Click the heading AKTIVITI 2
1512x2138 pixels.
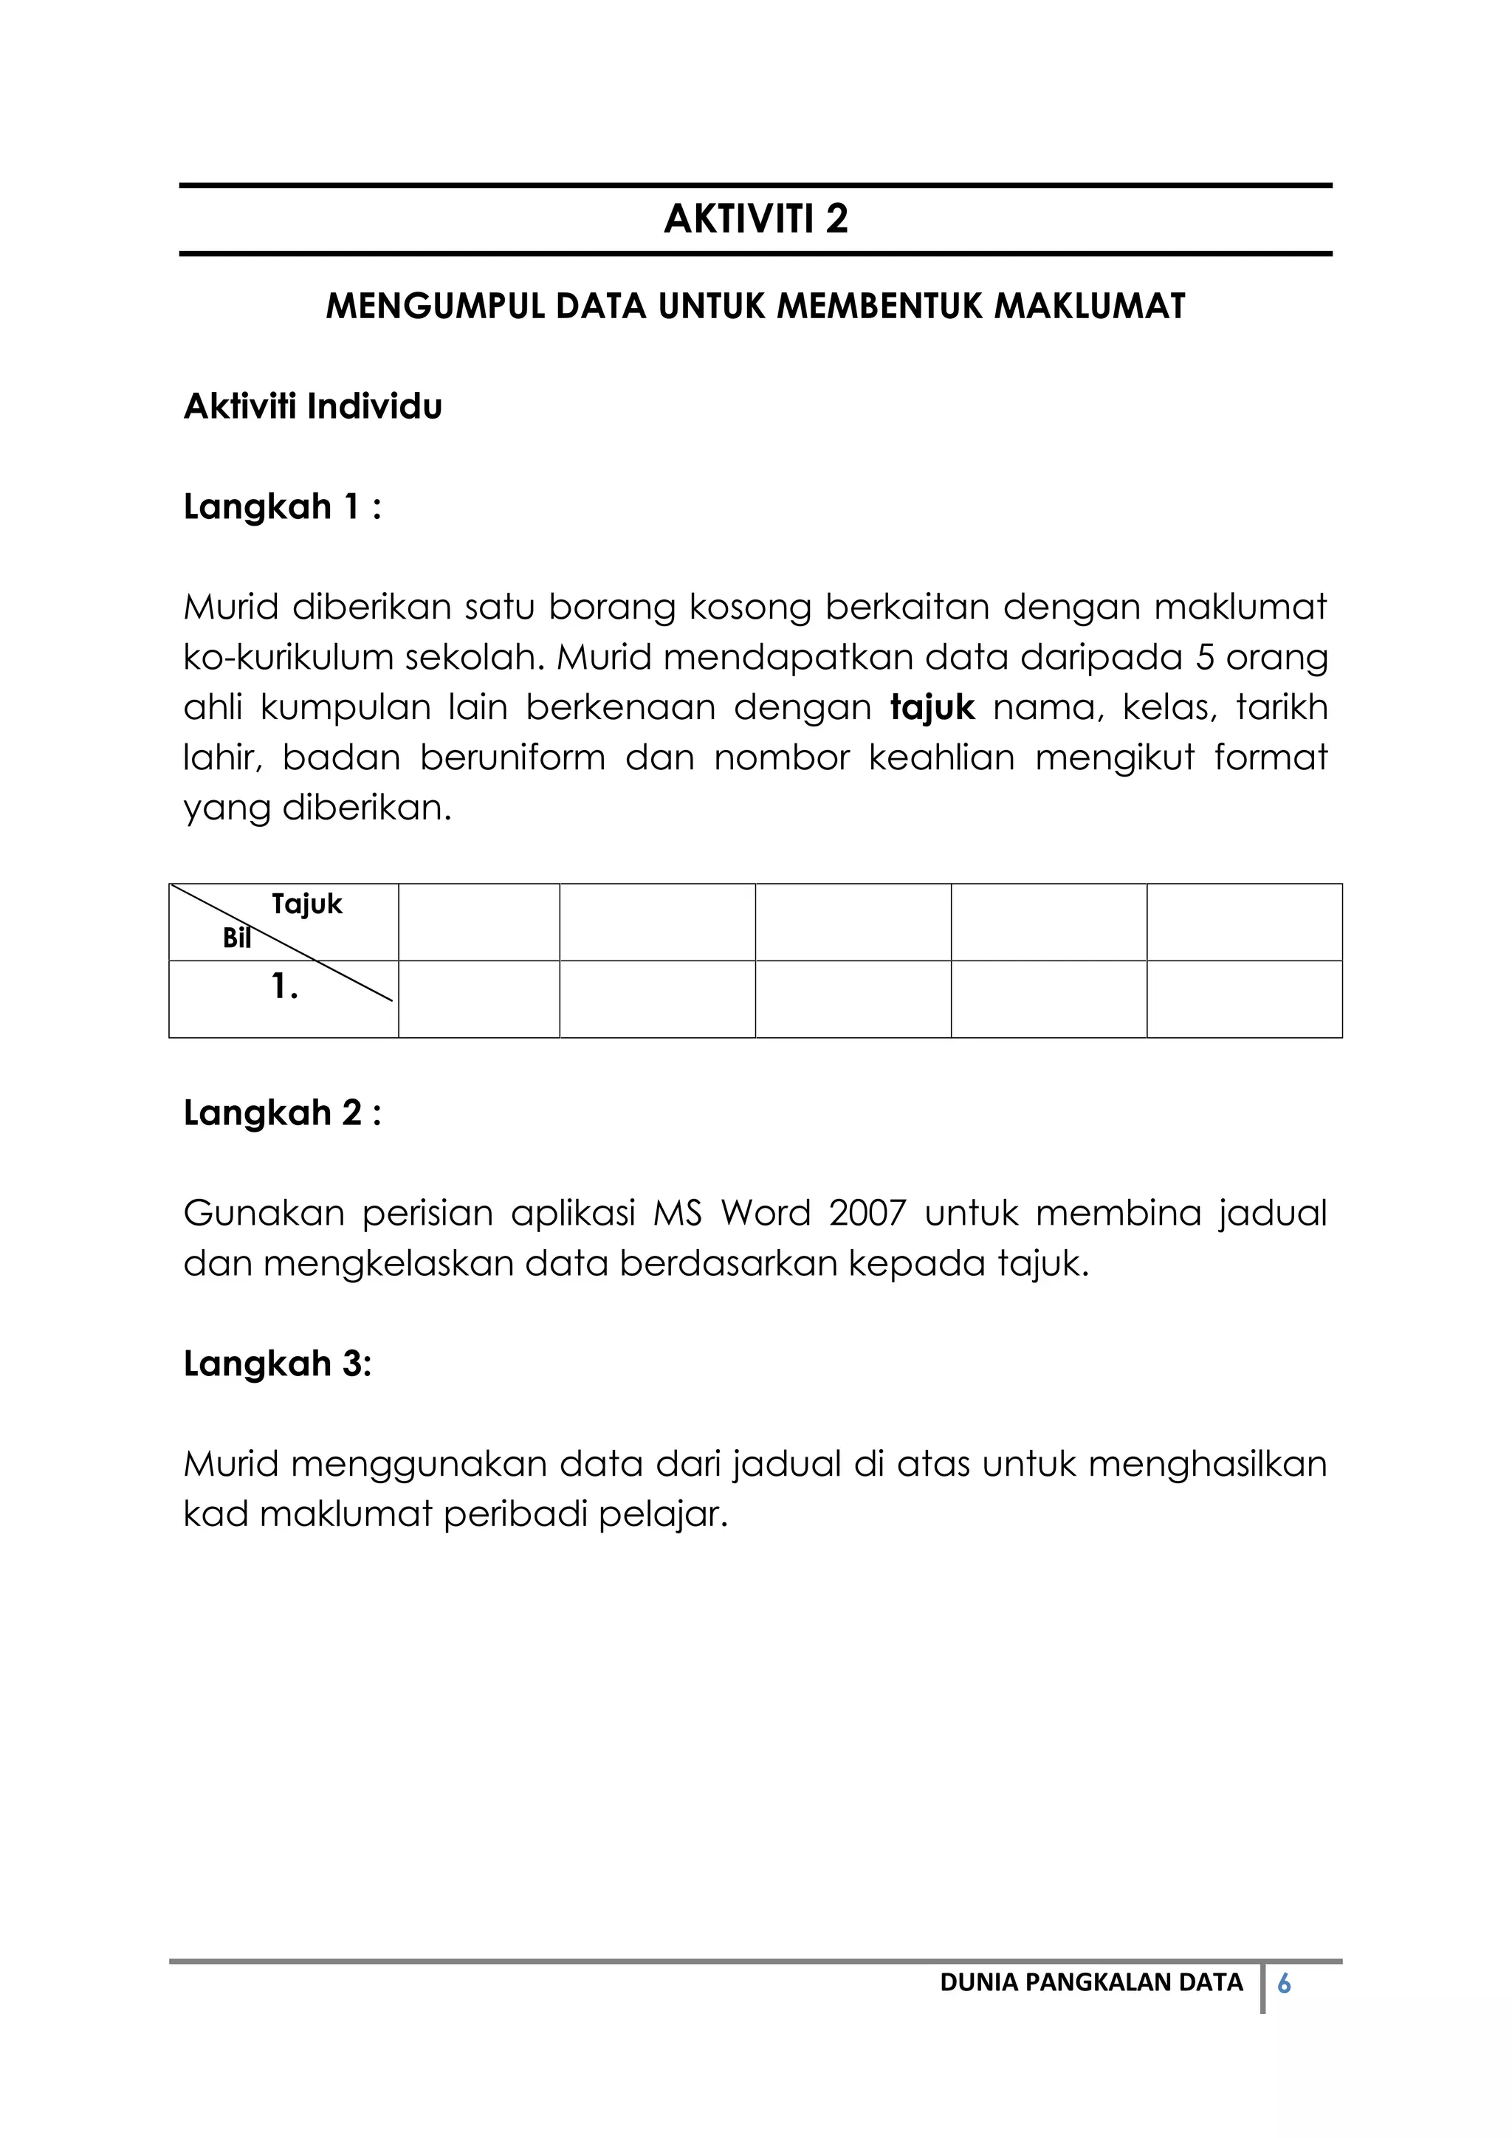pyautogui.click(x=755, y=219)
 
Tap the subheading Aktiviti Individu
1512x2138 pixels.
pyautogui.click(x=313, y=407)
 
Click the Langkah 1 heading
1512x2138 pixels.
pyautogui.click(x=282, y=507)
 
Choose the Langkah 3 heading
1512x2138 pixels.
pyautogui.click(x=278, y=1364)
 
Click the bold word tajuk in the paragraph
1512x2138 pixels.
pyautogui.click(x=932, y=709)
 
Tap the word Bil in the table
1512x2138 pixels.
pyautogui.click(x=236, y=938)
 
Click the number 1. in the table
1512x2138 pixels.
pyautogui.click(x=284, y=987)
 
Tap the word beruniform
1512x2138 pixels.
pyautogui.click(x=512, y=758)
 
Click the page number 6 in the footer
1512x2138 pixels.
pyautogui.click(x=1284, y=1984)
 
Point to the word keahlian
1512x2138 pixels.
pyautogui.click(x=941, y=758)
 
